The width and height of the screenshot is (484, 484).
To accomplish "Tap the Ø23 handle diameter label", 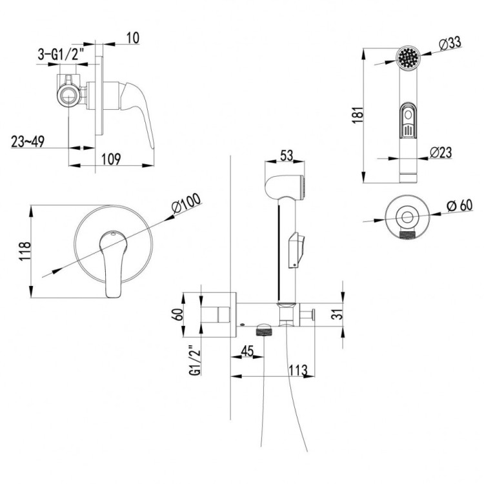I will tap(441, 152).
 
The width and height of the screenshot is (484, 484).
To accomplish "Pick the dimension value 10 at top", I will tap(132, 38).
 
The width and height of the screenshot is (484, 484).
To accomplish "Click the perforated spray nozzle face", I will tap(407, 60).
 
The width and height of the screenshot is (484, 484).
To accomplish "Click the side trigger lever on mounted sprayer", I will tap(296, 249).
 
